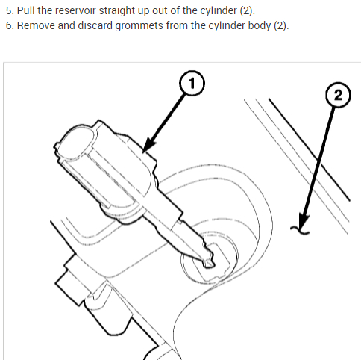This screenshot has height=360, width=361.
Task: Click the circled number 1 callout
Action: (x=192, y=83)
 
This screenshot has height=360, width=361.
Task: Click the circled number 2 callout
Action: (x=338, y=95)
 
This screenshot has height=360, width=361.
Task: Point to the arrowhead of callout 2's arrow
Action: (x=304, y=222)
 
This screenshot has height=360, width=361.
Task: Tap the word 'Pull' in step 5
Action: (x=26, y=10)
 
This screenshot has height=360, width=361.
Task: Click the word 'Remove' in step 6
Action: (x=36, y=25)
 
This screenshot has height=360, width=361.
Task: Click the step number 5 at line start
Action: (x=9, y=11)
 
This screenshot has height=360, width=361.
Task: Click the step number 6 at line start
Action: (x=9, y=26)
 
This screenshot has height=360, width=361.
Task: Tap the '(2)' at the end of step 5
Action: (x=247, y=11)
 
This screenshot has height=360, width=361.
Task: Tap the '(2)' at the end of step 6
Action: (x=281, y=26)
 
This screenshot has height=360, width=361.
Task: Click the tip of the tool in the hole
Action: (x=210, y=264)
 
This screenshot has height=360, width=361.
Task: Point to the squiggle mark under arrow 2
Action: (x=300, y=230)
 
